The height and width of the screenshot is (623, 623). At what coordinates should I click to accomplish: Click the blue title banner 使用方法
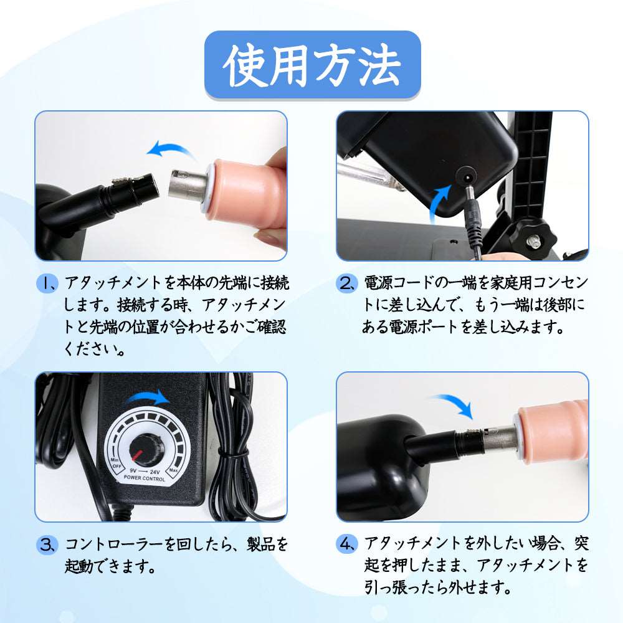click(x=312, y=65)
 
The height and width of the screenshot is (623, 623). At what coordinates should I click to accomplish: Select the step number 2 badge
click(x=346, y=283)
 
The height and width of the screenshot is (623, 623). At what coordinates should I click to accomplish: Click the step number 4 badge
click(x=346, y=543)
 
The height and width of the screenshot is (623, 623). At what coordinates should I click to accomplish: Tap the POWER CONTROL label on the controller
click(x=145, y=478)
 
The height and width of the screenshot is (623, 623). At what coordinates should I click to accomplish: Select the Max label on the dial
click(x=173, y=470)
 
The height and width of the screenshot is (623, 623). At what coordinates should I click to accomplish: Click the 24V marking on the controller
click(x=155, y=472)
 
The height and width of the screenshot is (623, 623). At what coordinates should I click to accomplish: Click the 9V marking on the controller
click(x=133, y=470)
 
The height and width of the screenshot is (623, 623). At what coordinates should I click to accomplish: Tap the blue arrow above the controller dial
click(x=148, y=396)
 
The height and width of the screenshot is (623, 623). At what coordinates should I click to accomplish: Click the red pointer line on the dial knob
click(x=138, y=456)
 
